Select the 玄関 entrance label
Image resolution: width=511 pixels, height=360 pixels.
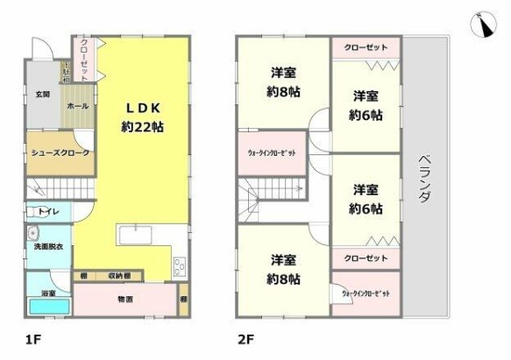[x=42, y=94]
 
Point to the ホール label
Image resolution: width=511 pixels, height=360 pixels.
[x=76, y=106]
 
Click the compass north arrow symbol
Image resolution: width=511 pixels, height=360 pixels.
[x=483, y=25]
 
